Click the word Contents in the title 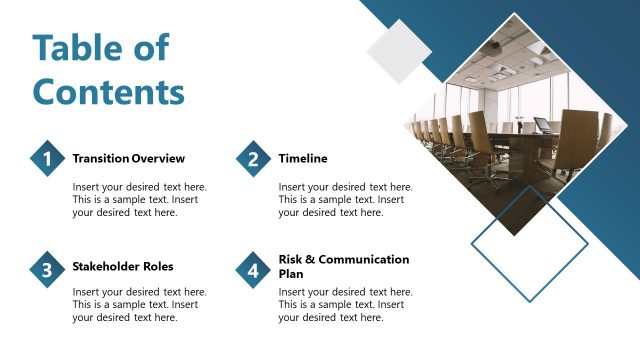tap(109, 91)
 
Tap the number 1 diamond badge tap(46, 159)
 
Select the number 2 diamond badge tap(253, 159)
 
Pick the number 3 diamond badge tap(46, 270)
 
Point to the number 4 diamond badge tap(253, 270)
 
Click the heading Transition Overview tap(128, 158)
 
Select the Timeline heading tap(303, 158)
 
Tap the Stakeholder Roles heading tap(123, 266)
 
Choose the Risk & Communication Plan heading tap(343, 266)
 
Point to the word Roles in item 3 tap(156, 266)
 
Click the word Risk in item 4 tap(291, 259)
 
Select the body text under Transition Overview tap(139, 199)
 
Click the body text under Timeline tap(345, 199)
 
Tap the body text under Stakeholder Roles tap(139, 305)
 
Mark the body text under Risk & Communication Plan tap(345, 305)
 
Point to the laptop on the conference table tap(542, 126)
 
